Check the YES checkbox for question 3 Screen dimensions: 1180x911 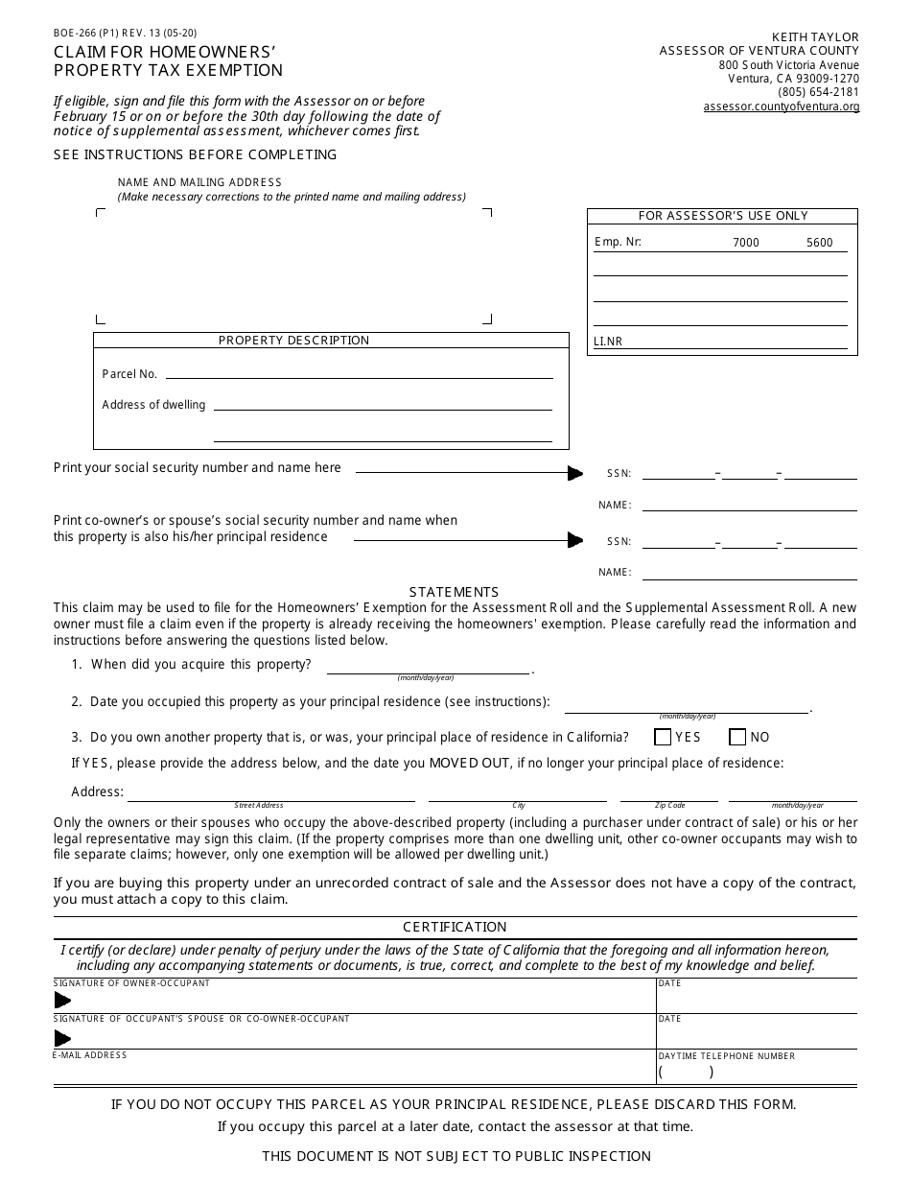(662, 738)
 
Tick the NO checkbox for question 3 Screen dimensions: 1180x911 (737, 738)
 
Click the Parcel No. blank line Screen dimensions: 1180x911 (360, 374)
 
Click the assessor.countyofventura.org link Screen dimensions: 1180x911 (781, 106)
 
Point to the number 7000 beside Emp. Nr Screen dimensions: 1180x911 (745, 243)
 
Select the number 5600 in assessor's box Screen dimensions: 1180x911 (819, 243)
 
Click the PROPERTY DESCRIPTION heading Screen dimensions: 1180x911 (293, 341)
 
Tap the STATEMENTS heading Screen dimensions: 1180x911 (454, 592)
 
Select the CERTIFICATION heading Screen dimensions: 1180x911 (455, 927)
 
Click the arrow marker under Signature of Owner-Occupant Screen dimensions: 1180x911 (63, 1001)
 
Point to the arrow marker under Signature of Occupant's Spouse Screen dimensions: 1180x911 (63, 1038)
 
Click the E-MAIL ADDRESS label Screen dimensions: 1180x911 (90, 1055)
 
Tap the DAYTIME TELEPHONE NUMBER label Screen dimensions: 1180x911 (726, 1056)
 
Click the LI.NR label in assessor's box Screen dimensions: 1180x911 (607, 342)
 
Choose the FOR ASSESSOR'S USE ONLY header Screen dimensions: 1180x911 (723, 216)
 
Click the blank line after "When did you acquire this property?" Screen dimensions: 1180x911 (428, 668)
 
